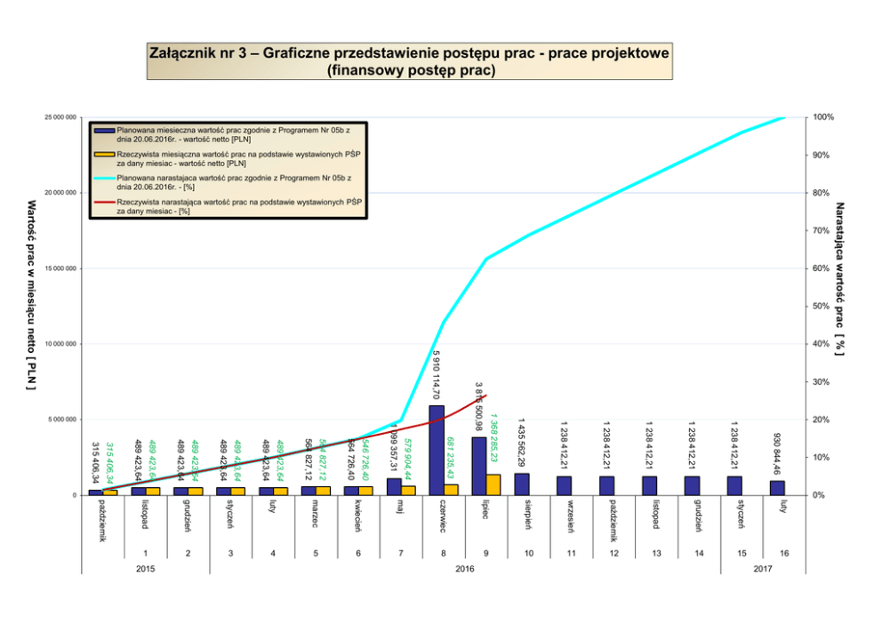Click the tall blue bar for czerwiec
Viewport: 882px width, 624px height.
click(x=437, y=450)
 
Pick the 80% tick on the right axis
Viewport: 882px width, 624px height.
click(x=822, y=193)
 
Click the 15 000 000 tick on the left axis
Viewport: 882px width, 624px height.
click(x=60, y=268)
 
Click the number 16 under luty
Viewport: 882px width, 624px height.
click(x=784, y=553)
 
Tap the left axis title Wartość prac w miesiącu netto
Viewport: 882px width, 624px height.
click(x=31, y=295)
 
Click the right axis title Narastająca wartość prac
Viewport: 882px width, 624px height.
click(x=838, y=279)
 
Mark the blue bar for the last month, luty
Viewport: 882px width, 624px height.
click(x=778, y=488)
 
